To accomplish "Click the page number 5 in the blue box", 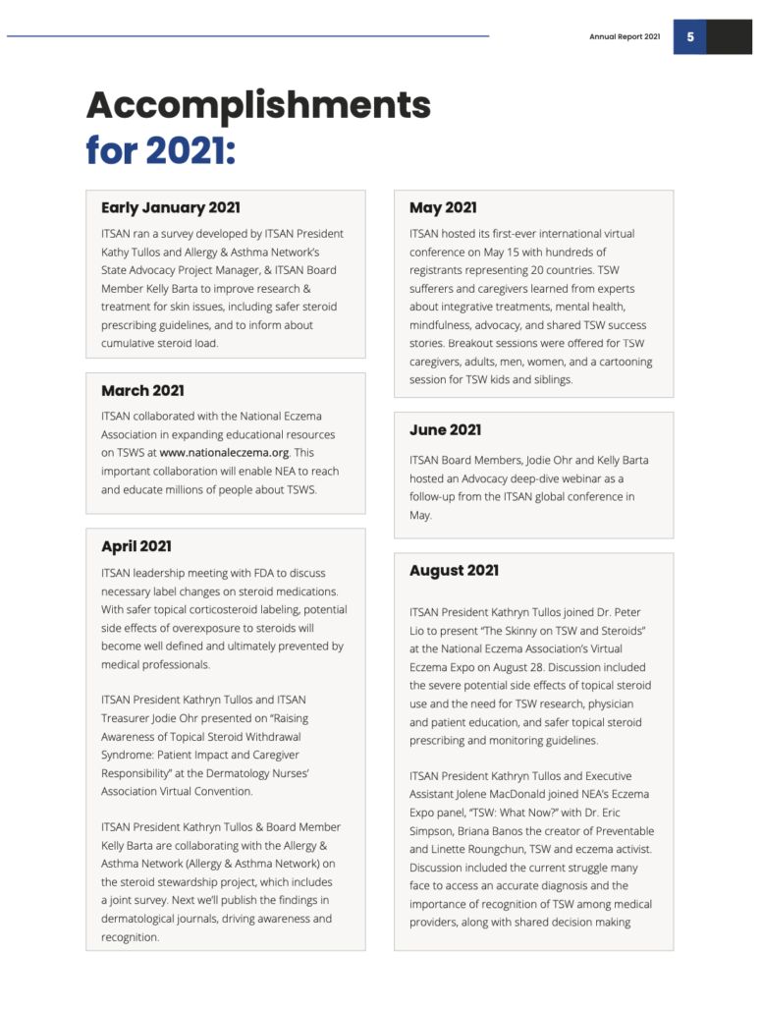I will tap(689, 37).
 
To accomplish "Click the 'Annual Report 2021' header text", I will tap(625, 37).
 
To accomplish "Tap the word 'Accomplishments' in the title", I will tap(258, 104).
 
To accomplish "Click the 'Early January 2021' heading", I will tap(170, 208).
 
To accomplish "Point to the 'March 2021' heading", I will tap(142, 391).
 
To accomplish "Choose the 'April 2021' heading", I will tap(136, 546).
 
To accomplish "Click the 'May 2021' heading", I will tap(443, 208).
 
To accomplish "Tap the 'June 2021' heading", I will tap(445, 430).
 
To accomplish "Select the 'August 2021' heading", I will tap(454, 571).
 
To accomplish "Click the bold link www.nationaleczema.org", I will tap(223, 453).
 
